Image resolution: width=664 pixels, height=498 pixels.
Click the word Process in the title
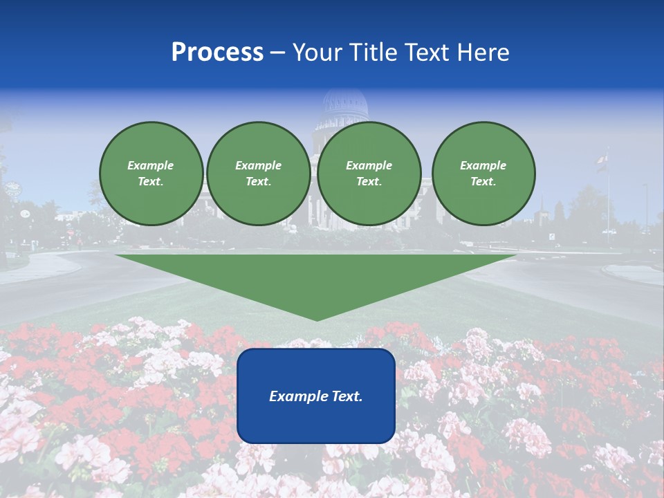[217, 53]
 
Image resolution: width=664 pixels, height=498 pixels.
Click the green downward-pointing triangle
[316, 277]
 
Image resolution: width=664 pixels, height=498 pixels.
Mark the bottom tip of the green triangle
[316, 319]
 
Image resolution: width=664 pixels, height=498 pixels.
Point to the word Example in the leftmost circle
[151, 165]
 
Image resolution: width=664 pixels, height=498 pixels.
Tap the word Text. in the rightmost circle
[483, 181]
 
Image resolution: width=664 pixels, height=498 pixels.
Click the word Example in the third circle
[369, 165]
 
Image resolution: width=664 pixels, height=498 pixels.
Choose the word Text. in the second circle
[259, 181]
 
